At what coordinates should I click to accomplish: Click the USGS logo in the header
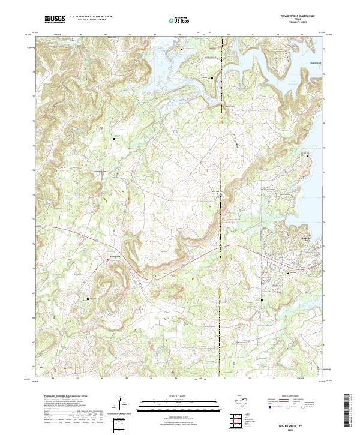[55, 20]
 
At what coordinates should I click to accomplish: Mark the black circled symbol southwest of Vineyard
[89, 298]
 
